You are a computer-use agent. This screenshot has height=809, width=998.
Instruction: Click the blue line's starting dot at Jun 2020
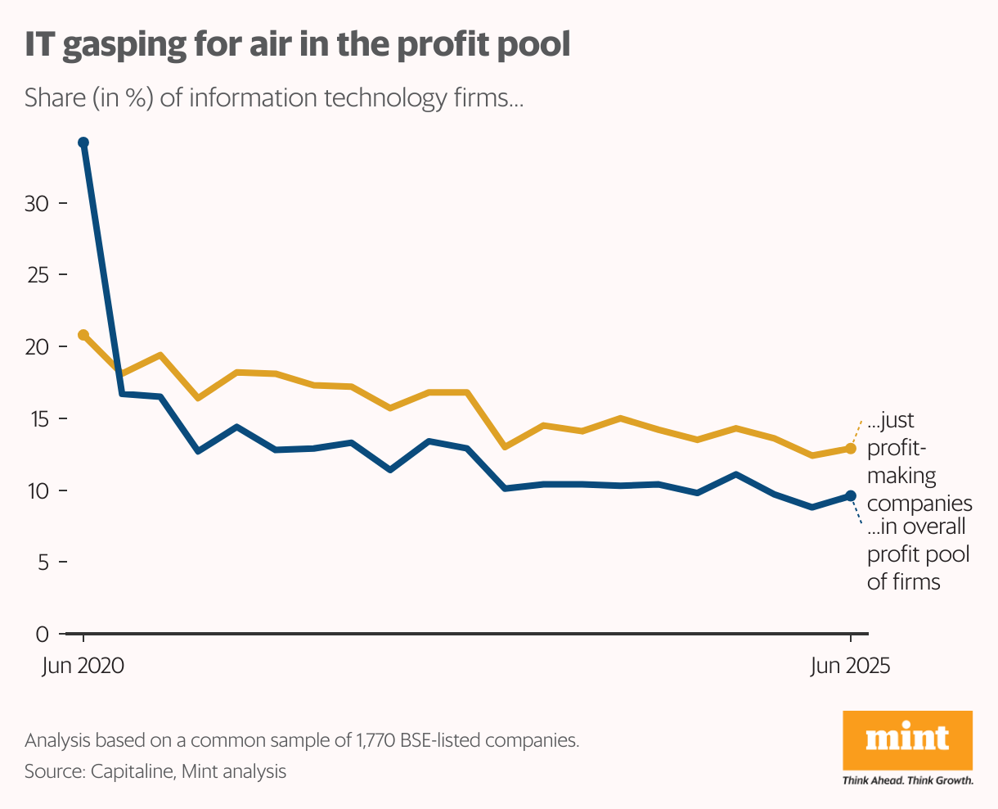pyautogui.click(x=83, y=142)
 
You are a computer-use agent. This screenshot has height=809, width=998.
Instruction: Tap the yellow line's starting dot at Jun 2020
pyautogui.click(x=83, y=335)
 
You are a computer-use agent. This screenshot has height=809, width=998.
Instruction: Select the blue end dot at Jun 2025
pyautogui.click(x=851, y=495)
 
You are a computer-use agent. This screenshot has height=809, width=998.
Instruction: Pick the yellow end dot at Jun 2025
pyautogui.click(x=851, y=448)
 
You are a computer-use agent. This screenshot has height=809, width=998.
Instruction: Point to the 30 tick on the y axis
pyautogui.click(x=36, y=203)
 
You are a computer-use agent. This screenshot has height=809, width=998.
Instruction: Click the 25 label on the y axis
pyautogui.click(x=36, y=275)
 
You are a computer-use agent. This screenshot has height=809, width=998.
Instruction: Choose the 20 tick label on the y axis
pyautogui.click(x=36, y=347)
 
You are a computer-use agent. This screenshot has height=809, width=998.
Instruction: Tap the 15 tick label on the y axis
pyautogui.click(x=36, y=418)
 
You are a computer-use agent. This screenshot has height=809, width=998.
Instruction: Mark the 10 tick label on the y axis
pyautogui.click(x=36, y=490)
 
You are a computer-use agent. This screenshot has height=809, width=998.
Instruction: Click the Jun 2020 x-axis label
pyautogui.click(x=83, y=666)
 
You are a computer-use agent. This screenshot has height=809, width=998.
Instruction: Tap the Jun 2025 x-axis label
pyautogui.click(x=850, y=666)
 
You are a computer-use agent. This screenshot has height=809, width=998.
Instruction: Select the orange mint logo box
pyautogui.click(x=907, y=739)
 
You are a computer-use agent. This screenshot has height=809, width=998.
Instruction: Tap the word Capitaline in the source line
pyautogui.click(x=133, y=771)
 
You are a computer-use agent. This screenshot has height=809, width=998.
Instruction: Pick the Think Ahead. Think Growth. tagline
pyautogui.click(x=907, y=780)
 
